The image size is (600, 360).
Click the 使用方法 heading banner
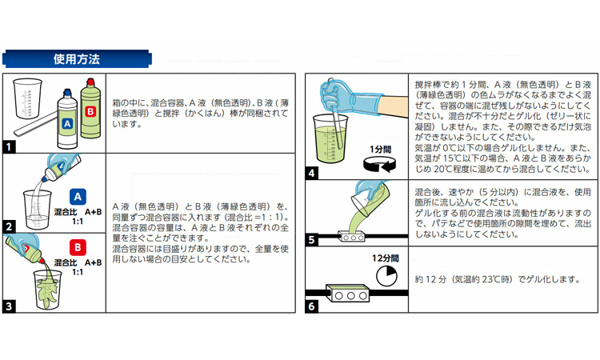coord(77,59)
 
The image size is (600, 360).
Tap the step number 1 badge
coord(9,146)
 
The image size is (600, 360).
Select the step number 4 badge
coord(311,174)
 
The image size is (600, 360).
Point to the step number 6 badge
coord(311,306)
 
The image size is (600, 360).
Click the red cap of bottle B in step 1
coord(90,82)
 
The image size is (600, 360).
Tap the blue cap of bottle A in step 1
coord(67,93)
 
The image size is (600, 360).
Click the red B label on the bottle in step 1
coord(90,112)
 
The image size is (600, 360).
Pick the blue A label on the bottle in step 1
coord(67,123)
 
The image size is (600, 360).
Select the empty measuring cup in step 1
coord(27,98)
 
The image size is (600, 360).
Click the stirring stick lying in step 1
coord(36,123)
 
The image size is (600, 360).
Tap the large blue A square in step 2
coord(78,197)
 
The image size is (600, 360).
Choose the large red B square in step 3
coord(78,247)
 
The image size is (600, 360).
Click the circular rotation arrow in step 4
coord(379,166)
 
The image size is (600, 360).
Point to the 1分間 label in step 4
coord(380,150)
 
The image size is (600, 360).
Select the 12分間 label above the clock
coord(386,258)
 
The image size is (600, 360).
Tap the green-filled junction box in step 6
coord(347,293)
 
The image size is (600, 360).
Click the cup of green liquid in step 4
coord(330,138)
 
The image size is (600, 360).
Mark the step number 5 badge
coord(311,240)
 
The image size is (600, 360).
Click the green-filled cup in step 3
coord(47,289)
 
